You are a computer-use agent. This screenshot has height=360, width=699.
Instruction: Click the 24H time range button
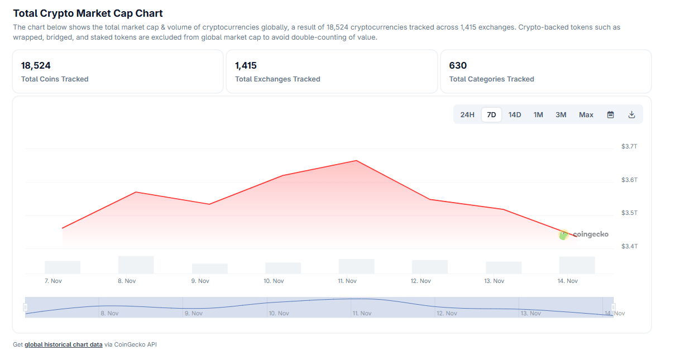[467, 115]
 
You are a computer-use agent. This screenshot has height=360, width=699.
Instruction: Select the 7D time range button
[491, 115]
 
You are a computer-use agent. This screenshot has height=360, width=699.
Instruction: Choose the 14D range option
[515, 115]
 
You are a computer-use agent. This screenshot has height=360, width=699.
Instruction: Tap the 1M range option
[538, 115]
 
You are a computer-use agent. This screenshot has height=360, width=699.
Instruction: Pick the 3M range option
[561, 115]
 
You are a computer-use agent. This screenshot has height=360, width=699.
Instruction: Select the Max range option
[586, 115]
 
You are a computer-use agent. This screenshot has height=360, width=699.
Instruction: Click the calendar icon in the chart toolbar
[611, 115]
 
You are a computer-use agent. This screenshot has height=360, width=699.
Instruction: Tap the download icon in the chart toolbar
[632, 115]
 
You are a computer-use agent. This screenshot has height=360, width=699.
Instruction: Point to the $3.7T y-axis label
[629, 146]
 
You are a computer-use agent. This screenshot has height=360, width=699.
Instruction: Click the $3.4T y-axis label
[629, 246]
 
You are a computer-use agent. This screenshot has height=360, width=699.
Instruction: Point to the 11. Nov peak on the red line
[356, 161]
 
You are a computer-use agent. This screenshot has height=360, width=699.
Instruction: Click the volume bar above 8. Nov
[136, 265]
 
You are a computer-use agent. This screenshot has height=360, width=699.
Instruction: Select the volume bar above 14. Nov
[577, 265]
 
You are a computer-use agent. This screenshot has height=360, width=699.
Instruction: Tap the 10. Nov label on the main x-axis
[274, 281]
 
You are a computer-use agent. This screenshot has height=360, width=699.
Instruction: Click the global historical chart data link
[64, 345]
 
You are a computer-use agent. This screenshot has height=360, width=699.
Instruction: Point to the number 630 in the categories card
[458, 65]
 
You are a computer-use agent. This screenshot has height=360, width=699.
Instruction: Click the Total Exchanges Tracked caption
[277, 79]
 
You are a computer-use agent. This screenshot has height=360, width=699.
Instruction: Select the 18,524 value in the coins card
[36, 65]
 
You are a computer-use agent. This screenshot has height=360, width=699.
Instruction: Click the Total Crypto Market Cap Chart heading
[88, 13]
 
